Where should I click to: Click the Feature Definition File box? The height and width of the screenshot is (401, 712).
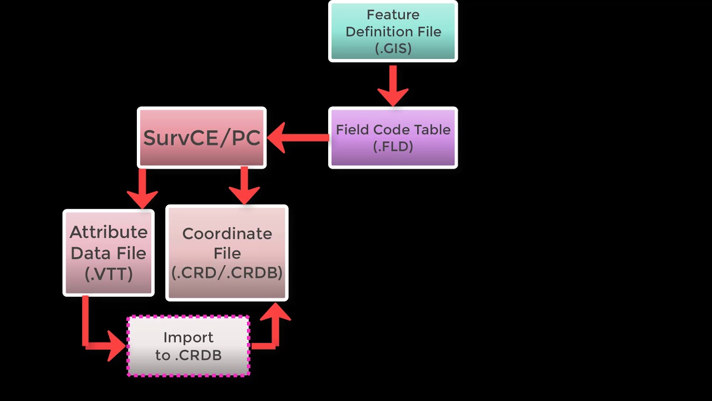coord(393,31)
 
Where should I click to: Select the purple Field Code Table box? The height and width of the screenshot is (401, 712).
coord(393,138)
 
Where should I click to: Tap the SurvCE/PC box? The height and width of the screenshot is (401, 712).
coord(201,138)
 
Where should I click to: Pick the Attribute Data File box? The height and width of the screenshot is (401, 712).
coord(108,253)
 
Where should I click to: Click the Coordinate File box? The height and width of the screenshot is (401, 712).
coord(227,253)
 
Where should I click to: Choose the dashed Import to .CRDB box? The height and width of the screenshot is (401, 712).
coord(189,346)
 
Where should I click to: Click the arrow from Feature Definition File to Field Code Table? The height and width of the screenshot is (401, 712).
coord(393,86)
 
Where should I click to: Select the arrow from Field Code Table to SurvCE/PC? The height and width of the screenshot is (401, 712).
coord(298,138)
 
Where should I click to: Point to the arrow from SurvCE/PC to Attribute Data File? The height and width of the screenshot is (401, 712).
coord(142,188)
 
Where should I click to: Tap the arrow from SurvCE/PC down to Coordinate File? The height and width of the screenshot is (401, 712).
coord(244,186)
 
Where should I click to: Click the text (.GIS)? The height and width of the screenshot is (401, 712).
coord(393,48)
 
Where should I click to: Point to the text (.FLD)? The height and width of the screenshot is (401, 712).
coord(393,146)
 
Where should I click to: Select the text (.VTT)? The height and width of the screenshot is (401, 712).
coord(108,273)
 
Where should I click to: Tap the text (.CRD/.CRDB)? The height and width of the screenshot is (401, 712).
coord(227,273)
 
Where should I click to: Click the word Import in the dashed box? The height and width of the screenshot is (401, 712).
coord(189,338)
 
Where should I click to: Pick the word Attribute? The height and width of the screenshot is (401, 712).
coord(108,232)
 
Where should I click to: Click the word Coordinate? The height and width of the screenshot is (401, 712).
coord(227,234)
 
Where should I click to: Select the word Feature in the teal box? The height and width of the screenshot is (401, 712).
coord(393,14)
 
